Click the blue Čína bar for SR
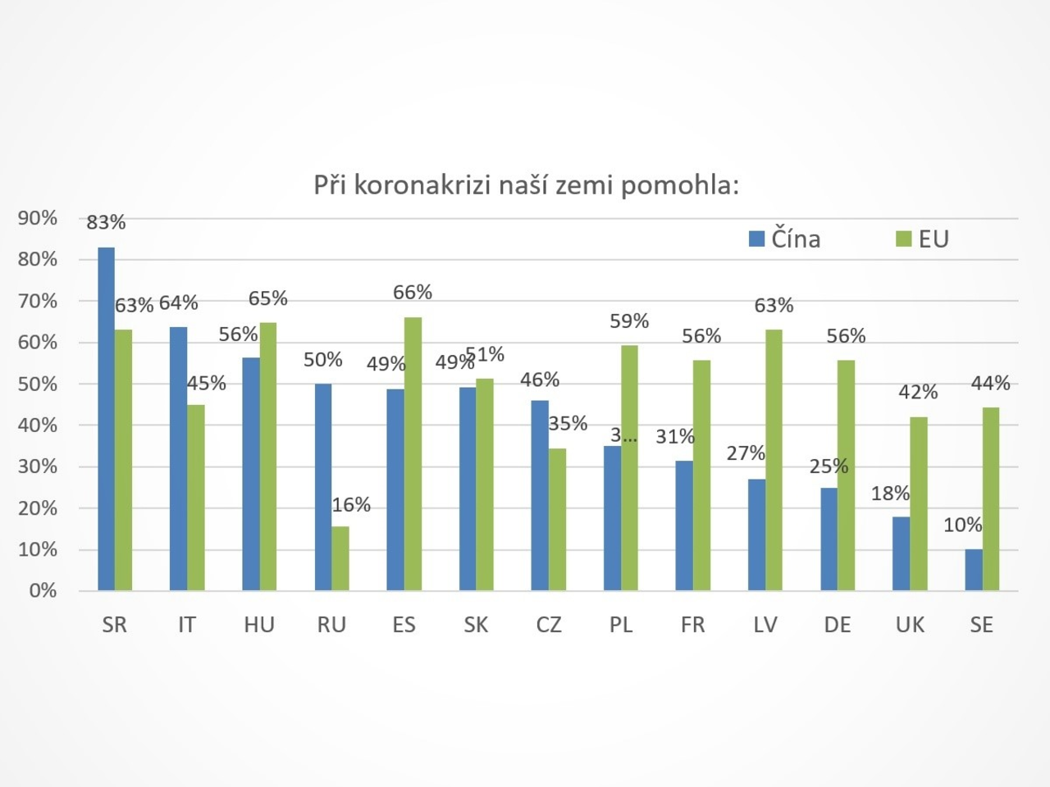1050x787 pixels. [106, 418]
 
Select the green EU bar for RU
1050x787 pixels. [340, 558]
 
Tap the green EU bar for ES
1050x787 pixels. [413, 453]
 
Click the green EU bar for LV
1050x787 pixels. [774, 460]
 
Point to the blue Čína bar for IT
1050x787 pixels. [178, 458]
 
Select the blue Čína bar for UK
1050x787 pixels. [901, 553]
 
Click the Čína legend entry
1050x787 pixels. [785, 239]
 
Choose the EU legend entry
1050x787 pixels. [924, 239]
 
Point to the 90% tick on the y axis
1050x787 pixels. [38, 218]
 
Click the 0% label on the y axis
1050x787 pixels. [43, 590]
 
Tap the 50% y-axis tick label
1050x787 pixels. [38, 384]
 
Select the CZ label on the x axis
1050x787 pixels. [549, 625]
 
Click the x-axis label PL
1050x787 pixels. [621, 625]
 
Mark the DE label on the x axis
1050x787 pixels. [838, 625]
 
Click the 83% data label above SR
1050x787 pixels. [107, 222]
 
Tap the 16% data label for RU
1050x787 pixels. [351, 505]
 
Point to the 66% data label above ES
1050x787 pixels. [413, 293]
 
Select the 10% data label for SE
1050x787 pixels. [963, 525]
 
